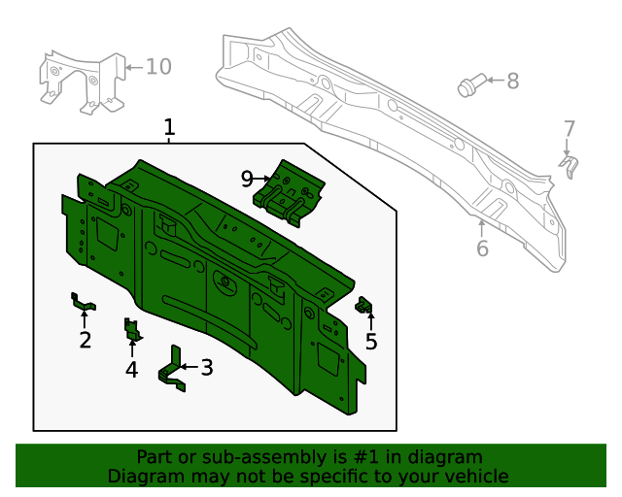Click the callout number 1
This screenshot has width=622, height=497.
pyautogui.click(x=169, y=127)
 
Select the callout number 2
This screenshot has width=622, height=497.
pyautogui.click(x=86, y=340)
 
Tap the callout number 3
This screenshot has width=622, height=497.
pyautogui.click(x=206, y=367)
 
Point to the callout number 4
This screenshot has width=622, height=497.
pyautogui.click(x=131, y=369)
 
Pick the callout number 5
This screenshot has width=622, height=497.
pyautogui.click(x=371, y=342)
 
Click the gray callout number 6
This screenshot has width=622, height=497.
pyautogui.click(x=482, y=248)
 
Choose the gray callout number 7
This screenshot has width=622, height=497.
pyautogui.click(x=570, y=129)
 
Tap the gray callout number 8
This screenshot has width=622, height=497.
pyautogui.click(x=512, y=82)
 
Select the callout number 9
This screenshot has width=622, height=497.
pyautogui.click(x=247, y=179)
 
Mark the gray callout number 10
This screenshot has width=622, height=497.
pyautogui.click(x=158, y=66)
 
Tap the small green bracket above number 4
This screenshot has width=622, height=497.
pyautogui.click(x=131, y=329)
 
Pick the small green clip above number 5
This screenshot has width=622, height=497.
pyautogui.click(x=366, y=306)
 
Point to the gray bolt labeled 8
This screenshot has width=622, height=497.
pyautogui.click(x=467, y=86)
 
